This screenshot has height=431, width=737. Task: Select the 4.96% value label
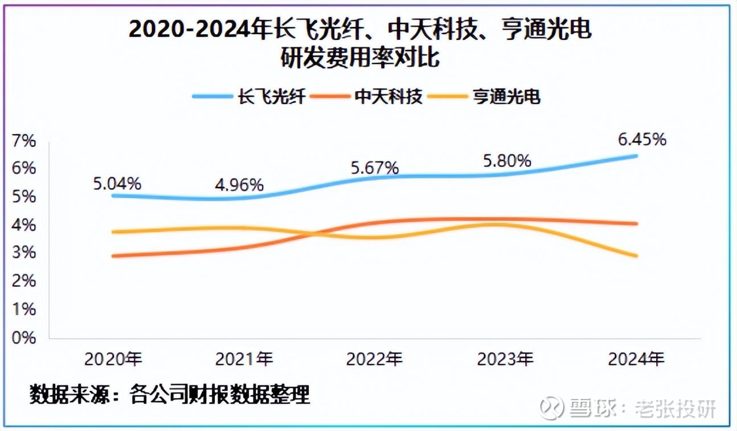(x=239, y=185)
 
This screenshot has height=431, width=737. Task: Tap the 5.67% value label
(x=374, y=168)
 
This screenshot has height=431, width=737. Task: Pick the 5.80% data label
(x=507, y=161)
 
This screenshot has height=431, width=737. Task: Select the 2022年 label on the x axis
(x=374, y=359)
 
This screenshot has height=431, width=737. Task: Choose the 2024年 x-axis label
(x=636, y=359)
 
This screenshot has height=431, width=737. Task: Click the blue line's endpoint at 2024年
(x=636, y=156)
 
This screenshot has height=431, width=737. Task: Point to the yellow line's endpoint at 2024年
(x=636, y=255)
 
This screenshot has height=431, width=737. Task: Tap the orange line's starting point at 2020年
(x=113, y=256)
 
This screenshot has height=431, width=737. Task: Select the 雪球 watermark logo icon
(x=551, y=408)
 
